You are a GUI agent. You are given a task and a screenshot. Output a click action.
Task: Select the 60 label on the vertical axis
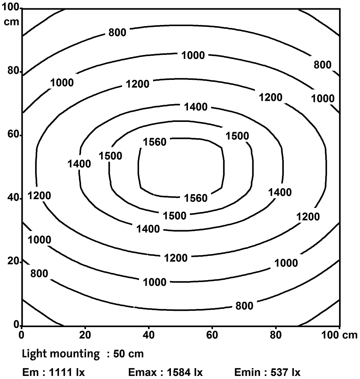pos(13,135)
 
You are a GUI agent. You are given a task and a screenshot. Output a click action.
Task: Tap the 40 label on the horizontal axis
pos(149,335)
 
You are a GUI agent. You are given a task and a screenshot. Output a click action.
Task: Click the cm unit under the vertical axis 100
pos(11,21)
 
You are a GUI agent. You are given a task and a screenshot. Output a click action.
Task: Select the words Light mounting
pos(61,354)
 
